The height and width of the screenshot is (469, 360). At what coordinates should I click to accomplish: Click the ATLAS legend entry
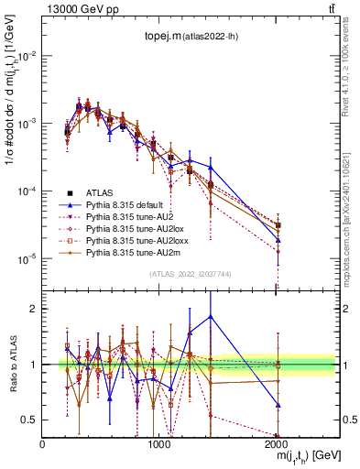click(101, 193)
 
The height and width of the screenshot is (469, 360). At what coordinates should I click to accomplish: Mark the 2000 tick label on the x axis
click(278, 442)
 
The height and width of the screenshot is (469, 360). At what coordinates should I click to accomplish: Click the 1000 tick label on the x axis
click(160, 442)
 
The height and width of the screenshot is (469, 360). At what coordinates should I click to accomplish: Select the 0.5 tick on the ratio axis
click(32, 420)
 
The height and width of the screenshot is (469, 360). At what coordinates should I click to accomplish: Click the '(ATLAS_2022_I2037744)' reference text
click(191, 274)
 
